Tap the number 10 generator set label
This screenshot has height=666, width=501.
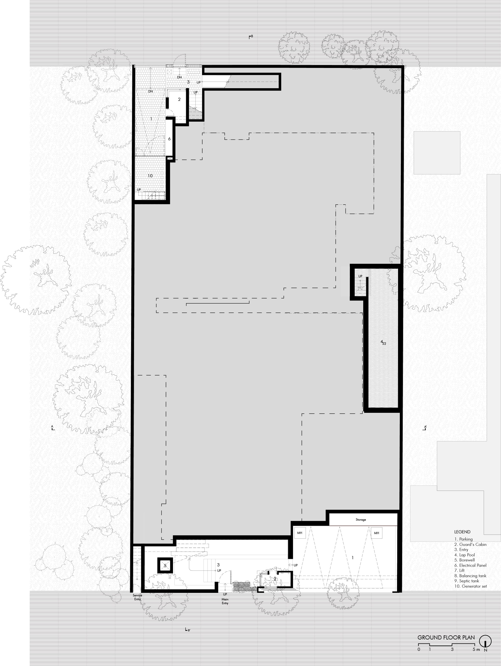coord(150,176)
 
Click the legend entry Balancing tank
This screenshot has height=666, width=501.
coord(470,576)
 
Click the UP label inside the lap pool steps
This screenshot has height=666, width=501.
coord(360,276)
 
